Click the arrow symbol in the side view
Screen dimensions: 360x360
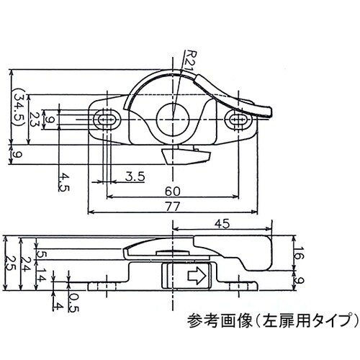point(196,274)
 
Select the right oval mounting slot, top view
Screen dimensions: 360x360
point(238,119)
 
